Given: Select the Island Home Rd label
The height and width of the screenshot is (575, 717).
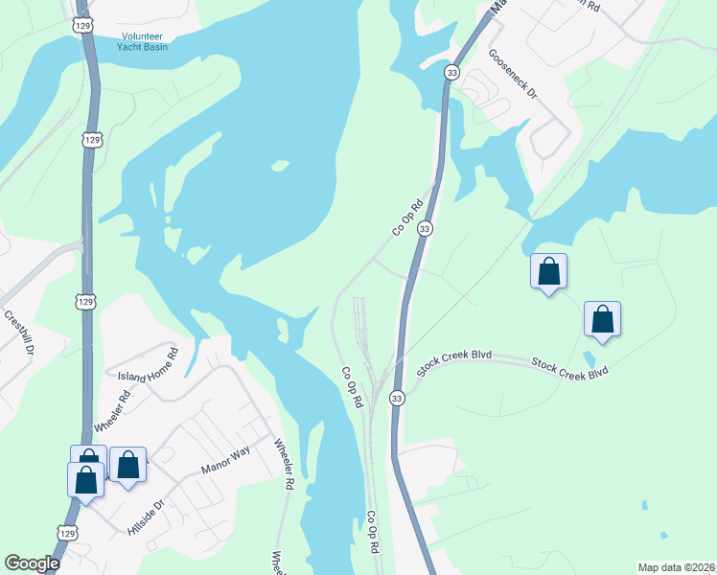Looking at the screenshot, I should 148,365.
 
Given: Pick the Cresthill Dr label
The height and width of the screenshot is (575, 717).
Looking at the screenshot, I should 18,333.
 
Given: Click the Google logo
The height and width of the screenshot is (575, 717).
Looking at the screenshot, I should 32,563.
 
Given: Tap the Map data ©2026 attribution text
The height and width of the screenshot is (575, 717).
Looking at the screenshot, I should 675,567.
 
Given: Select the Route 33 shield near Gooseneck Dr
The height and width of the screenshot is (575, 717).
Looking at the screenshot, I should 451,72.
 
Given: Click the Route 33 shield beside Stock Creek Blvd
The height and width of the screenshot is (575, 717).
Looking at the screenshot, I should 396,396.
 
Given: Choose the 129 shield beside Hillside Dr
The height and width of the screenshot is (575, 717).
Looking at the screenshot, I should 66,533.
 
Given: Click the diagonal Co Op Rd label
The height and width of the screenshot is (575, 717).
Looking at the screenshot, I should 407,218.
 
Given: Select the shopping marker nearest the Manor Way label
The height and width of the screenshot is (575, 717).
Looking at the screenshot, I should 128,464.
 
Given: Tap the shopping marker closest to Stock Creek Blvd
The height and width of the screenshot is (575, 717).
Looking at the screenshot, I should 602,319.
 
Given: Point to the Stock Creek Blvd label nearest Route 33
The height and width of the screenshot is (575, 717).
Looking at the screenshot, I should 454,359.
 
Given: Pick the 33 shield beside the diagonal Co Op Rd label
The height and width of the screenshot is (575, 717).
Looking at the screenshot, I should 425,228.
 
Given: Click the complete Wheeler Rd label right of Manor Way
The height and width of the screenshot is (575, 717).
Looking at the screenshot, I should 284,465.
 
